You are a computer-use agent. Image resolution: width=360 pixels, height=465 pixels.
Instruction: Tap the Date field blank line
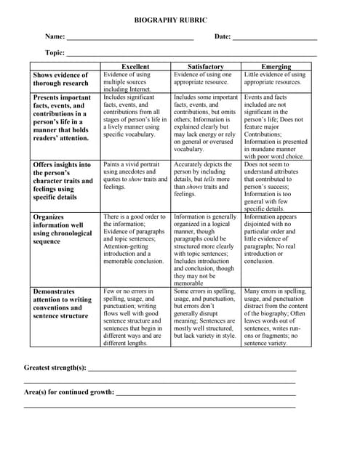tap(275, 37)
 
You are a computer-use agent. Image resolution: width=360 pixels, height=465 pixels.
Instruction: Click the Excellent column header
tap(135, 66)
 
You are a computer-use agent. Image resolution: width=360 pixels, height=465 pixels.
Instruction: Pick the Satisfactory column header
tap(206, 66)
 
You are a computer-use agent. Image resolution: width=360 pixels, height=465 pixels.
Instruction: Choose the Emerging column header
tap(276, 66)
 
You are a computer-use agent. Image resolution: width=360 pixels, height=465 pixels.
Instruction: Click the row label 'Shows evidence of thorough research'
tap(60, 79)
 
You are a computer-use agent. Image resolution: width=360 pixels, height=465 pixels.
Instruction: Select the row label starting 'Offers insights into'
tap(63, 181)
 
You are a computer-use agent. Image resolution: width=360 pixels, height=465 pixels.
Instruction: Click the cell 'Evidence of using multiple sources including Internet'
tap(134, 81)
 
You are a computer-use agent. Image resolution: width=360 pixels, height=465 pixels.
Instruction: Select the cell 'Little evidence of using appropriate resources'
tap(275, 78)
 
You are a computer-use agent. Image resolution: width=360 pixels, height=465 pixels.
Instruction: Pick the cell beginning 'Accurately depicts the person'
tap(205, 179)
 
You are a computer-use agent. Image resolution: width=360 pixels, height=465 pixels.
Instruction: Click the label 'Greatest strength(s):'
tap(55, 368)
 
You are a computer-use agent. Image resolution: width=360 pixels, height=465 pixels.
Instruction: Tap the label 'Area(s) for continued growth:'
tap(69, 392)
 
